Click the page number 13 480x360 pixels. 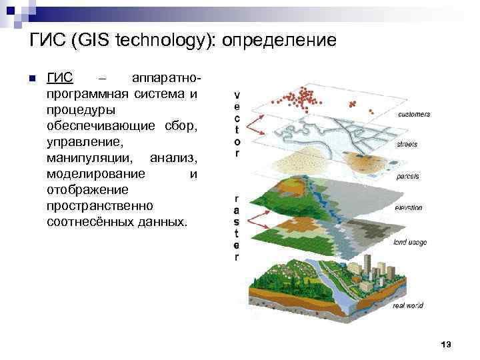point(446,344)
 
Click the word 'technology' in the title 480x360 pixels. point(166,41)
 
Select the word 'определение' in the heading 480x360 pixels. point(279,41)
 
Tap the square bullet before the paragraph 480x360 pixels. point(31,77)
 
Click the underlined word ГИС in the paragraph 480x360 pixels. point(60,78)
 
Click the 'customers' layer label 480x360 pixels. point(413,114)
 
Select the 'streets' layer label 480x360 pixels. point(407,144)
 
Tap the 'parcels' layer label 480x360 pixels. point(407,176)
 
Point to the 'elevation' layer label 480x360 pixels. point(409,207)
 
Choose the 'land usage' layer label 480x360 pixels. point(410,242)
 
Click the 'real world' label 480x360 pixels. point(408,305)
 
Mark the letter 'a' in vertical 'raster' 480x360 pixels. point(237,211)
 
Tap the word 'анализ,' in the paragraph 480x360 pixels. point(173,158)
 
